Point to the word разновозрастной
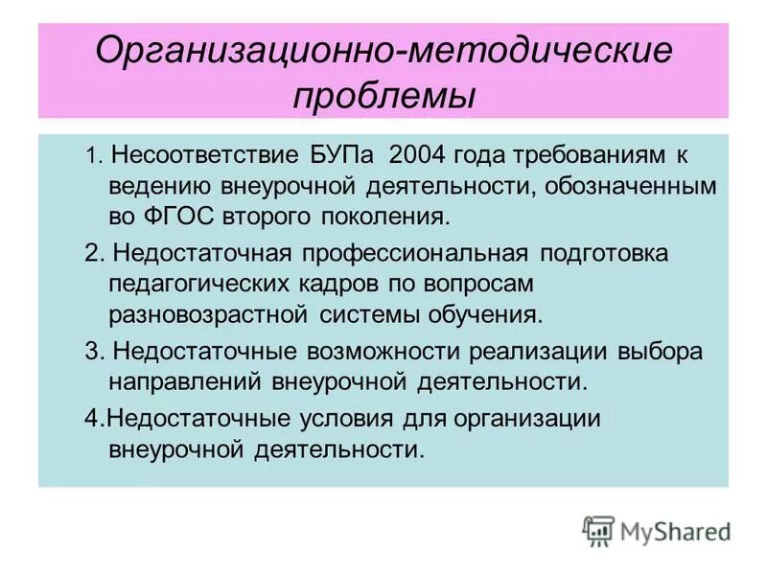[210, 313]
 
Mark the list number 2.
[92, 254]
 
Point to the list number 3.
[92, 352]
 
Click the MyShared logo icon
[598, 530]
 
